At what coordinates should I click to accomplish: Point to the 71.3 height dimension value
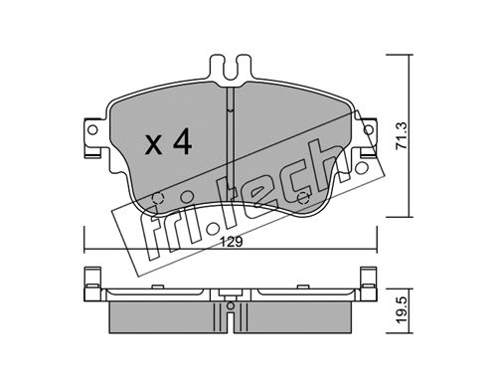401,136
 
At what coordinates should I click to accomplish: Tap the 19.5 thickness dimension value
402,310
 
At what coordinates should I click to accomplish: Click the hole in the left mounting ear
93,129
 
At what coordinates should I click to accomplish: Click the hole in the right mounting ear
368,129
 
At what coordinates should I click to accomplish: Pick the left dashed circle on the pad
158,198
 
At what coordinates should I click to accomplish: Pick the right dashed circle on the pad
303,198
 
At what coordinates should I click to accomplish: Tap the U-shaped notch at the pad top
231,71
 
